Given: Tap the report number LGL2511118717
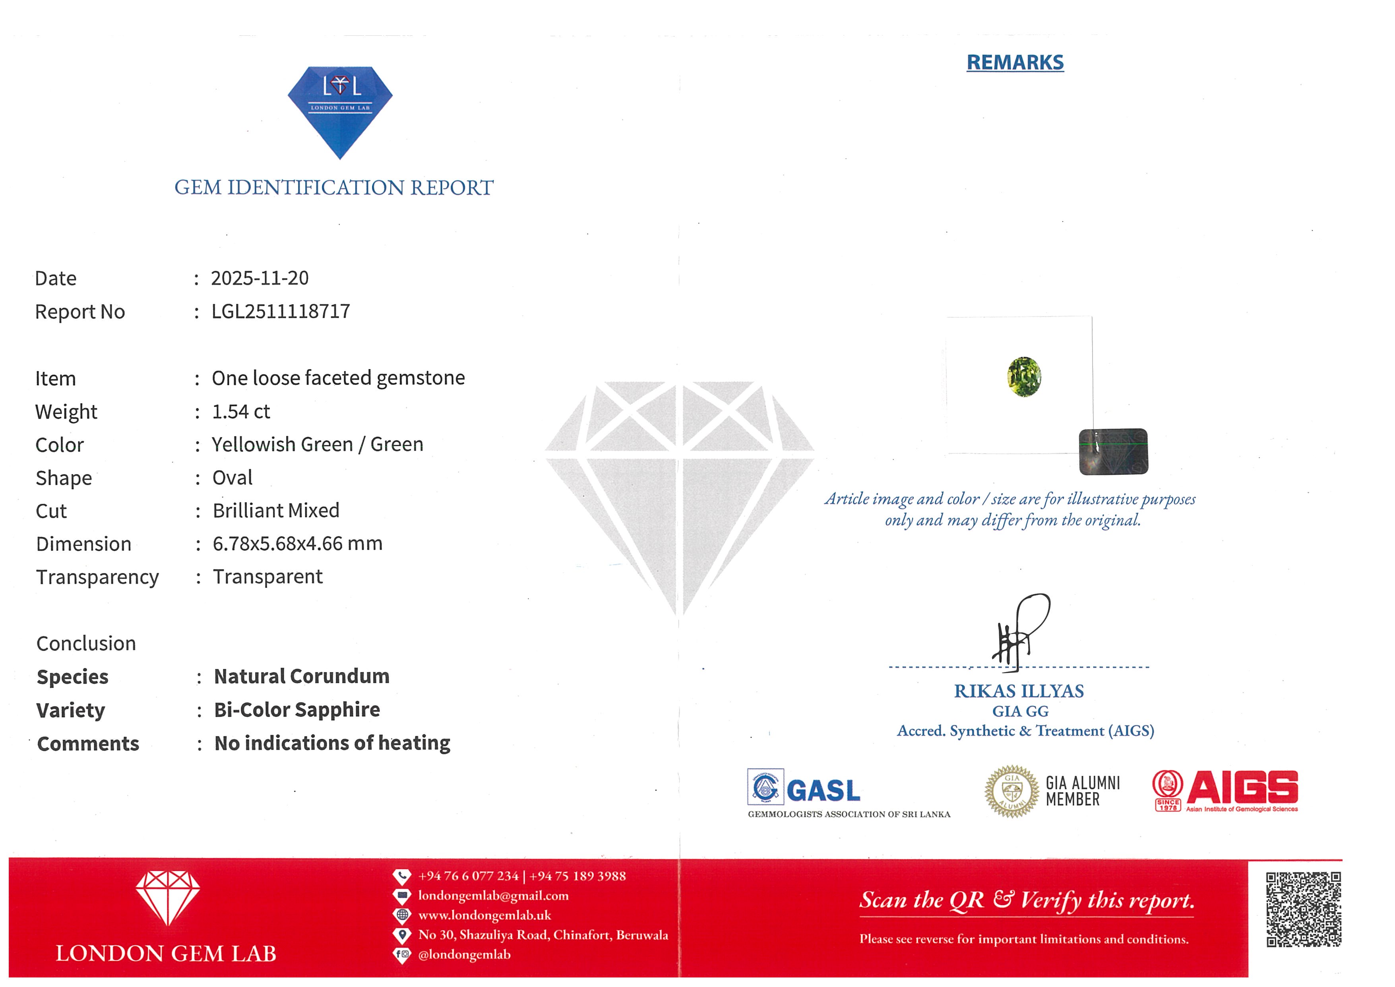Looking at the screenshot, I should pyautogui.click(x=280, y=311).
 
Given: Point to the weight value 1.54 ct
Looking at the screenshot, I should pyautogui.click(x=240, y=412).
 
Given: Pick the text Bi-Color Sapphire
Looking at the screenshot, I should pyautogui.click(x=296, y=709).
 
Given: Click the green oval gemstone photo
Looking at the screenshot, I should pyautogui.click(x=1024, y=377).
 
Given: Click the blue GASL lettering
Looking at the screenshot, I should pyautogui.click(x=823, y=791).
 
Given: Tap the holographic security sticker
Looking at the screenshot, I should pyautogui.click(x=1113, y=452).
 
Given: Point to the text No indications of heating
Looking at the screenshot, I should pyautogui.click(x=332, y=743).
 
